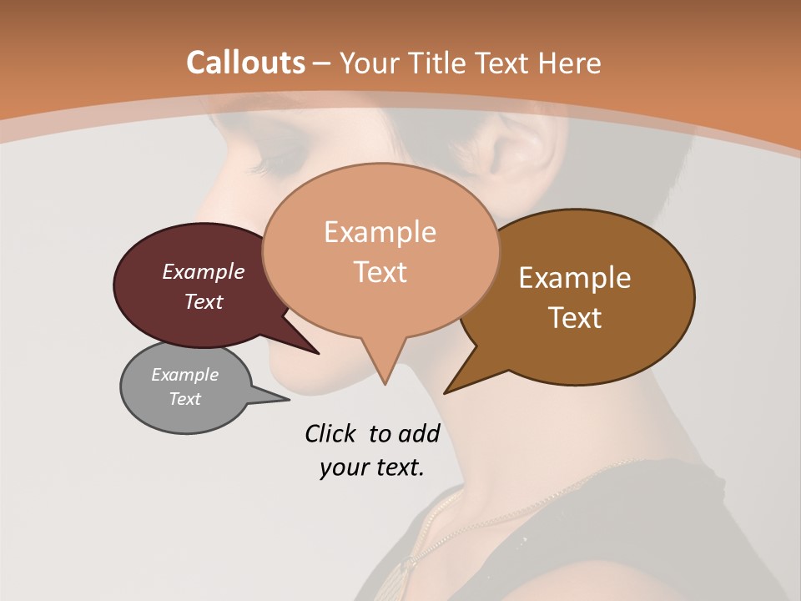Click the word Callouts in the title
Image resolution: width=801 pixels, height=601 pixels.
[245, 63]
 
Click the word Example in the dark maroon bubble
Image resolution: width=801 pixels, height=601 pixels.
[204, 271]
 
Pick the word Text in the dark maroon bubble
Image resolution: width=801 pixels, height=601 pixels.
[204, 301]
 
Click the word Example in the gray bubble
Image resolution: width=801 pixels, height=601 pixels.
[185, 375]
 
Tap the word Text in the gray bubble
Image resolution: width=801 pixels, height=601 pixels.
[185, 399]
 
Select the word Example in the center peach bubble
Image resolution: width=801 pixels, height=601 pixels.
[380, 231]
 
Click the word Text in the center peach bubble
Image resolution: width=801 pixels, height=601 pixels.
[380, 271]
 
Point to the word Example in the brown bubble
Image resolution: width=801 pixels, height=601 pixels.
[575, 277]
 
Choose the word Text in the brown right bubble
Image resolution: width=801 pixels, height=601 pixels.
[575, 317]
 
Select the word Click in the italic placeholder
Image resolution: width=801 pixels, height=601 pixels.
[331, 433]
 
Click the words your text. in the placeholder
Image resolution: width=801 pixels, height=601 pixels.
[372, 467]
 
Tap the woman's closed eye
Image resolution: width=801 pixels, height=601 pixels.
[279, 159]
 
